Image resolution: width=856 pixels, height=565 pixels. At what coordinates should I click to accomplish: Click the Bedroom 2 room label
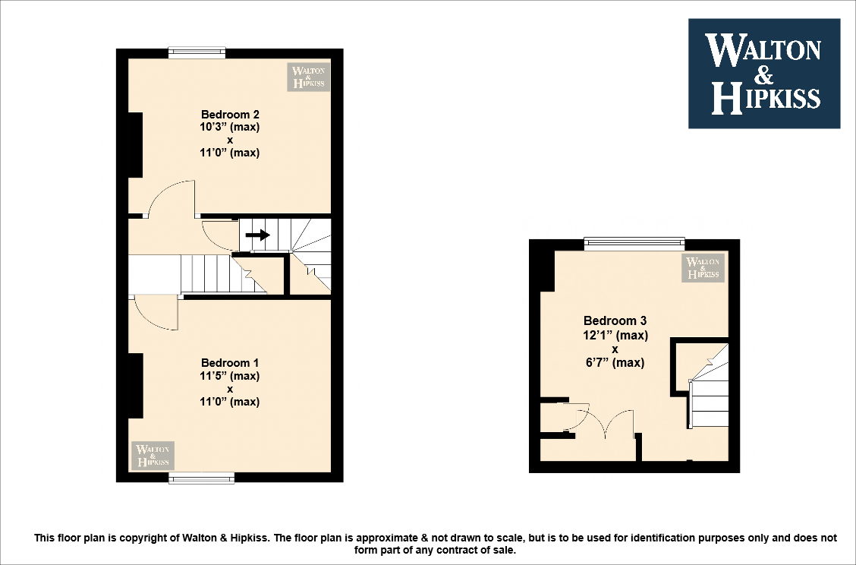(x=230, y=115)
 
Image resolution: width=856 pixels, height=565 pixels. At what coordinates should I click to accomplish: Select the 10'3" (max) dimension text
(x=230, y=127)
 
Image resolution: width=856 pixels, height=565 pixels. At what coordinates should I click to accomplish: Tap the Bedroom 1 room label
(x=230, y=363)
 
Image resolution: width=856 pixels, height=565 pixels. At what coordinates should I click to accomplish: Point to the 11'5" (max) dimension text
(x=230, y=376)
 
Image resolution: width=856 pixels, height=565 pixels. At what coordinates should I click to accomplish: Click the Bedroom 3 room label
(x=615, y=321)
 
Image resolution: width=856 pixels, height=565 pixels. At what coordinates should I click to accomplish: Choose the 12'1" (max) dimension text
(x=615, y=335)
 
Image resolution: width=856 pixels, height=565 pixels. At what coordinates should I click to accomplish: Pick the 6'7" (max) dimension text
(x=615, y=363)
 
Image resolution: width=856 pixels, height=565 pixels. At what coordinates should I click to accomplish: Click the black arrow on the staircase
(x=258, y=235)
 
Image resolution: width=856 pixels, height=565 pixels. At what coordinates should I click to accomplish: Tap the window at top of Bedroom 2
(x=197, y=53)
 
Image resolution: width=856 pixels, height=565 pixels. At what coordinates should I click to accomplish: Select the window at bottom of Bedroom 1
(x=201, y=478)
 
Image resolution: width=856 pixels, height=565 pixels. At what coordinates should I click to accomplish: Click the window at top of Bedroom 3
(x=634, y=244)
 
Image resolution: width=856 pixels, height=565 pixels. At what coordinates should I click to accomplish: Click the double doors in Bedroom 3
(x=615, y=425)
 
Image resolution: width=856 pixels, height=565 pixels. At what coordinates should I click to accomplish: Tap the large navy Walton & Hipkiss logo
(x=763, y=74)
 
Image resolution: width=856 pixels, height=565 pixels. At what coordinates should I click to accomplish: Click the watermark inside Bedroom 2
(x=308, y=77)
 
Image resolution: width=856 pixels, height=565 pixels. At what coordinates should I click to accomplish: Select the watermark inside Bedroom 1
(x=153, y=455)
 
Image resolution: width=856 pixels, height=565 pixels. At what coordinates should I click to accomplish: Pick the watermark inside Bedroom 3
(x=703, y=267)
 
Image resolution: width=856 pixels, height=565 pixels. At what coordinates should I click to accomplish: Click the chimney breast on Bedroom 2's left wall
(x=135, y=144)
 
